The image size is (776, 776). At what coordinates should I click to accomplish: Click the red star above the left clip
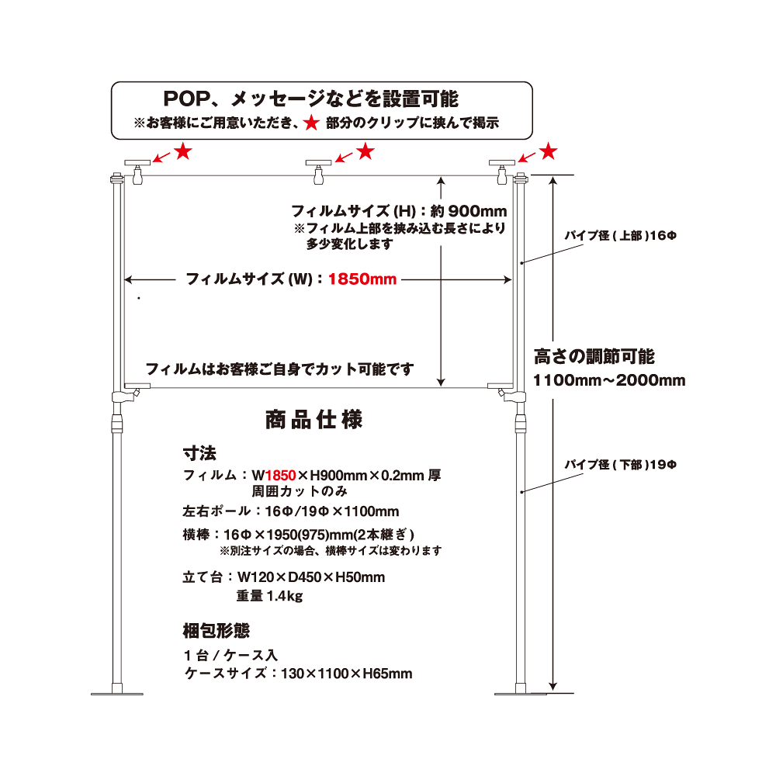coord(183,151)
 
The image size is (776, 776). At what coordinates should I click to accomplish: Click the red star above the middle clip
coord(364,151)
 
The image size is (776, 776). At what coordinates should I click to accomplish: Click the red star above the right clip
coord(549,150)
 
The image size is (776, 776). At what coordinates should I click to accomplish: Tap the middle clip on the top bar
coord(318,171)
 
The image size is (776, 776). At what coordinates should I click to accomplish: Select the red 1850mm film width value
coord(362,279)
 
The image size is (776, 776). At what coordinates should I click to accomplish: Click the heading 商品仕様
coord(314,421)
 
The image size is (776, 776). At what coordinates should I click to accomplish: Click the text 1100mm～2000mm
coord(609,380)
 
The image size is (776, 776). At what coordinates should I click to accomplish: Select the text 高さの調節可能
coord(594,357)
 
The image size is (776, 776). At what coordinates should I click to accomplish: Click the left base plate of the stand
coord(118,692)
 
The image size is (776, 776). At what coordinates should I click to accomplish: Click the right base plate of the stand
coord(521,692)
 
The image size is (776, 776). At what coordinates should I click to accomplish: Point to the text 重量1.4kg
coord(268,596)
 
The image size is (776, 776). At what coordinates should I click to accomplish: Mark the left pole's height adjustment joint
coord(119,423)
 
